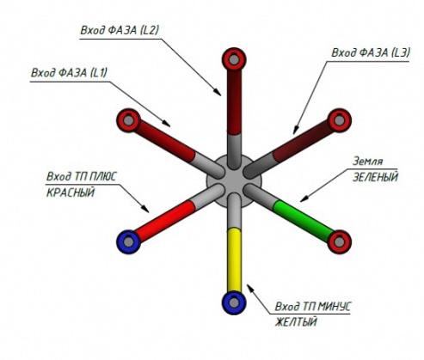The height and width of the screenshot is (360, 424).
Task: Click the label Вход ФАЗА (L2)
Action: [120, 30]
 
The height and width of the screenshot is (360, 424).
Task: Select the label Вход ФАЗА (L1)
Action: [69, 73]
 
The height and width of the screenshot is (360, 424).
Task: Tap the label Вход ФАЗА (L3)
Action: [371, 52]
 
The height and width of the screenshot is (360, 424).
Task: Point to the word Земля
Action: [367, 162]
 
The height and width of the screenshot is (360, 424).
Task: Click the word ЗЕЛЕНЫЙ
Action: [375, 177]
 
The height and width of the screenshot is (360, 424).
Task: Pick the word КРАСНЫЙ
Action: [71, 192]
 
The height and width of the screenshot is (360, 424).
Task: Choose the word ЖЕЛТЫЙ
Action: [296, 322]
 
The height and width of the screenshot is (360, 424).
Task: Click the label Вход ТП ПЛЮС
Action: [82, 177]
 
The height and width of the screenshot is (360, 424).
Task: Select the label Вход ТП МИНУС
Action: [312, 307]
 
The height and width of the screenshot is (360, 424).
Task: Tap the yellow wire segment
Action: [234, 260]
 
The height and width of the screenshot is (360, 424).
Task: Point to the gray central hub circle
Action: [234, 181]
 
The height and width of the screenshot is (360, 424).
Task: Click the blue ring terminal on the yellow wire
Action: [234, 302]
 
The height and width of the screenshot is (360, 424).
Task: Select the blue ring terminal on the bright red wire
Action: [129, 242]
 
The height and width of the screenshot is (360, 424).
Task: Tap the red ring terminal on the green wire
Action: [340, 241]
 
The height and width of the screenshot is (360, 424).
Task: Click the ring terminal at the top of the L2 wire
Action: [234, 59]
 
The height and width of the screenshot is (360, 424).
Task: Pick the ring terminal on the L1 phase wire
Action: [129, 120]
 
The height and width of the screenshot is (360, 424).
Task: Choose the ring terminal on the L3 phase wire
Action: [340, 120]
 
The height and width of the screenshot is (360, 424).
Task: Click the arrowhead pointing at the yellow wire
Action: [250, 288]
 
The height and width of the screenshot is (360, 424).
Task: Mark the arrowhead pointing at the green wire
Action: [304, 198]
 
